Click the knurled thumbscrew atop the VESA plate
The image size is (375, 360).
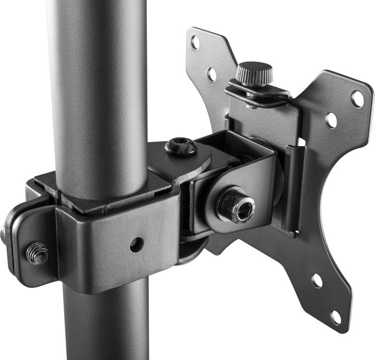(x=254, y=73)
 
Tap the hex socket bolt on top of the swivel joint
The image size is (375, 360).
(x=181, y=147)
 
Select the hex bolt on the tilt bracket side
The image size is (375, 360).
(x=235, y=205)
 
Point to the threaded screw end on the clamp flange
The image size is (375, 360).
(x=37, y=253)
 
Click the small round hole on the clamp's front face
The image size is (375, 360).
(x=136, y=245)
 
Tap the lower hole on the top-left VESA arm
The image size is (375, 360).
(x=211, y=74)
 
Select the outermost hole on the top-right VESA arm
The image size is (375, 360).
(x=357, y=99)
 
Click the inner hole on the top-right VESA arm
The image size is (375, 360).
(x=331, y=120)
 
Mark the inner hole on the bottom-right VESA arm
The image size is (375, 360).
(x=317, y=280)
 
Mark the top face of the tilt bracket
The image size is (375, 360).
(x=234, y=146)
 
